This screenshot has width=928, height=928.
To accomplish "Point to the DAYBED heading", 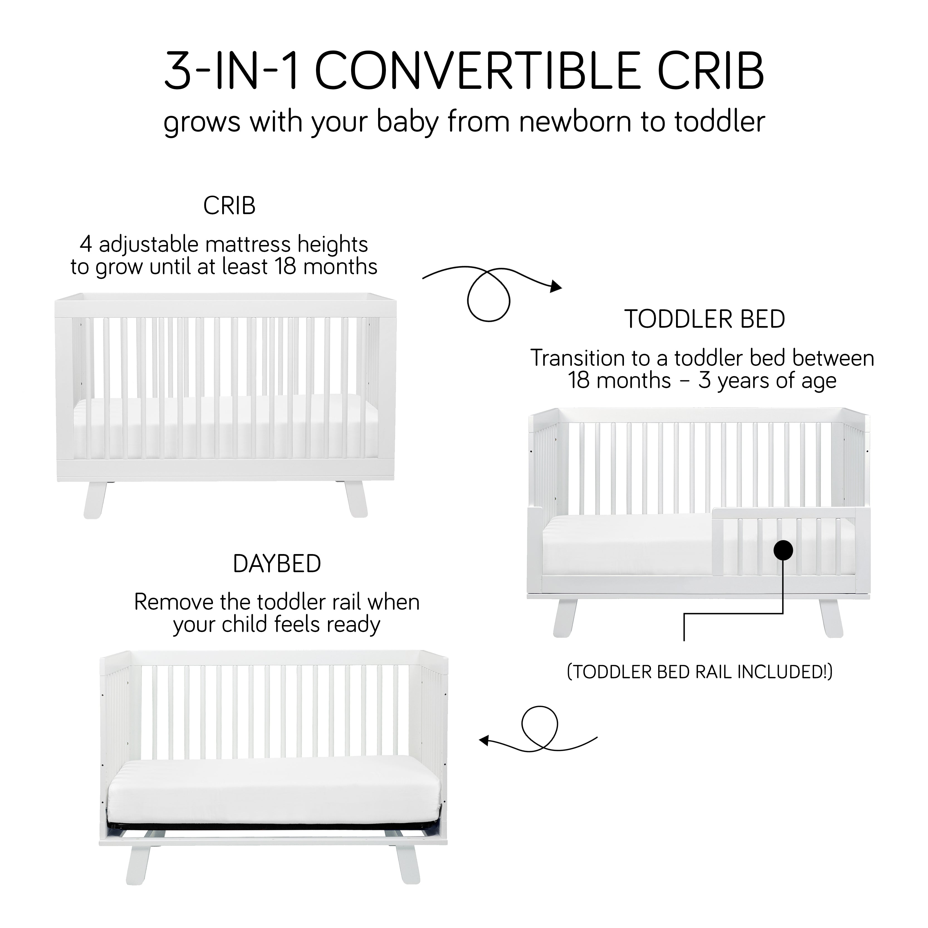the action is tap(277, 564).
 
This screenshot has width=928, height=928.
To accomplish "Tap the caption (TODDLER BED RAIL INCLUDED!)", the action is tap(700, 672).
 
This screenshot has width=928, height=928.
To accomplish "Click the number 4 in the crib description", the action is tap(85, 244).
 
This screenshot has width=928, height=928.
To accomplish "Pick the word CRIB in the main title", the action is tap(711, 71).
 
